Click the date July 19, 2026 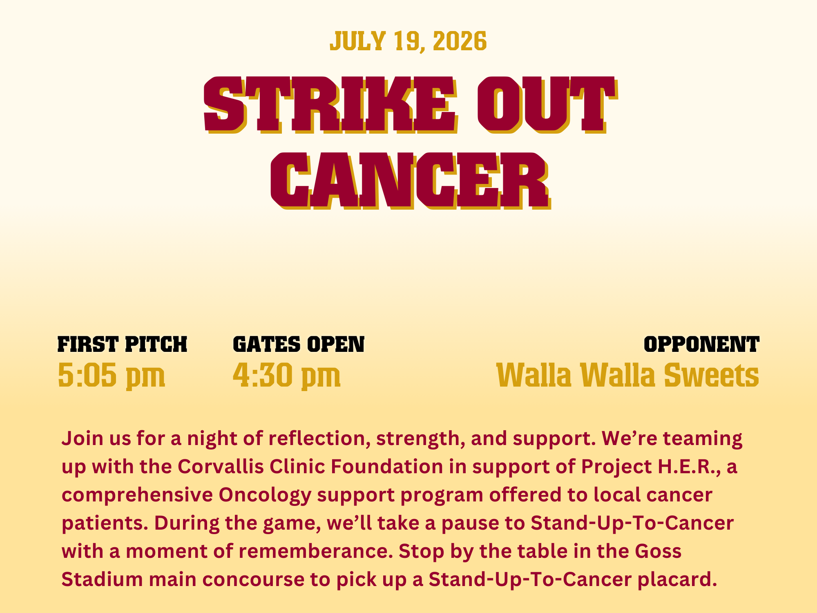[408, 41]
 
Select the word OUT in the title [547, 105]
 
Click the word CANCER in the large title [410, 181]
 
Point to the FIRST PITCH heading [122, 345]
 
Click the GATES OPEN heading [299, 345]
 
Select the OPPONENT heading [701, 345]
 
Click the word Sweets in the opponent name [711, 375]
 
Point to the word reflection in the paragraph [319, 438]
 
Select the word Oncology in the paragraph [265, 496]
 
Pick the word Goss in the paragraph [658, 552]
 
